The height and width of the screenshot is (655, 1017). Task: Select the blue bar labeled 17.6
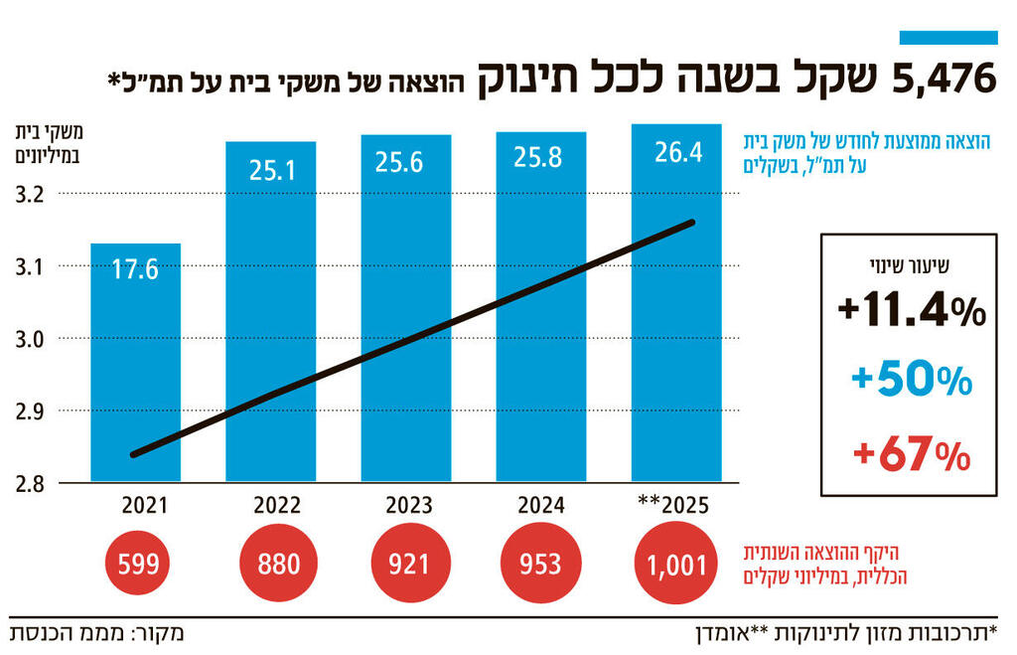135,378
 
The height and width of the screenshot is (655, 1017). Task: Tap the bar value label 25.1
270,169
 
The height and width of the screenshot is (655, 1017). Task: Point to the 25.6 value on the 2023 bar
405,162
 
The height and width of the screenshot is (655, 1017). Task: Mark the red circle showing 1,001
675,566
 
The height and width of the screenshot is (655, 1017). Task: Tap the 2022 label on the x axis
270,505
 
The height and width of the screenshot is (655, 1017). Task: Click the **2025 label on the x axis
671,505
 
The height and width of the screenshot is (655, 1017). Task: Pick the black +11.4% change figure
911,311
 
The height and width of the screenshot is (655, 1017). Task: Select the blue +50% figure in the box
911,380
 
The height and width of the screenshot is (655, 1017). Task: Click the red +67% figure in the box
911,455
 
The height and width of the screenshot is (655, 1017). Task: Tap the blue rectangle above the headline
947,38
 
